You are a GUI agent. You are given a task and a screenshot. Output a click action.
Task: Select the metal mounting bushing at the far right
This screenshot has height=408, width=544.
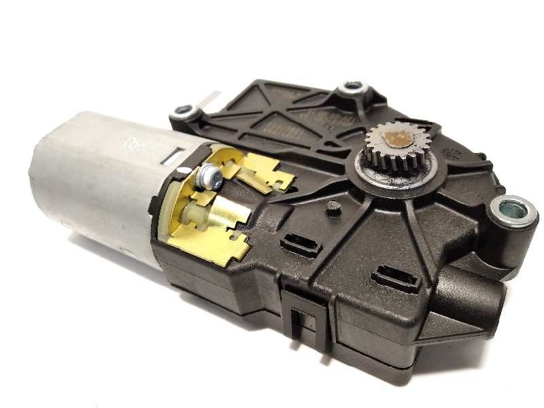point(513,210)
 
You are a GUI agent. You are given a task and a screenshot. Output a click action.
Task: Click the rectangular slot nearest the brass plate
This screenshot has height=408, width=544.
point(299,245)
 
